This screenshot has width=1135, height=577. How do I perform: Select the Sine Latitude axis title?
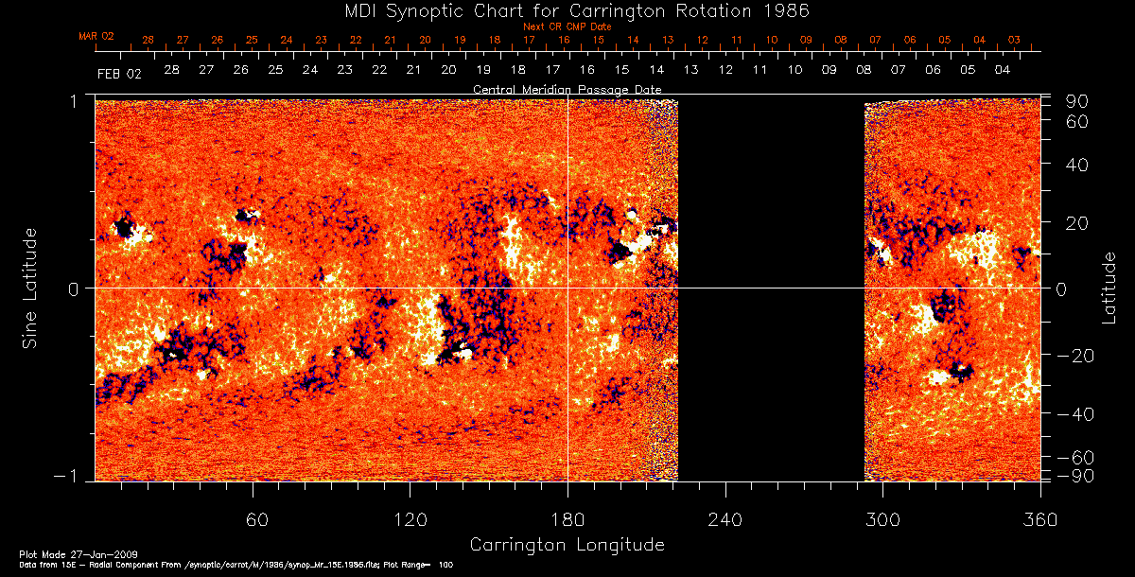[x=30, y=287]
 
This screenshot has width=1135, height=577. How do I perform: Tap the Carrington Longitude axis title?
[x=567, y=545]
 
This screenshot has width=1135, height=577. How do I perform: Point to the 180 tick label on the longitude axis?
[x=567, y=518]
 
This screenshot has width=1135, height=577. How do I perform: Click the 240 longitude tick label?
[x=725, y=518]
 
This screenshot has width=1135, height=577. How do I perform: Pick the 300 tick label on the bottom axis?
[x=882, y=518]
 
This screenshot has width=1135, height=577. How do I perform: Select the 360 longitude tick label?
[x=1039, y=518]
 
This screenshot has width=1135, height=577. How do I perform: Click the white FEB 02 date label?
[x=119, y=73]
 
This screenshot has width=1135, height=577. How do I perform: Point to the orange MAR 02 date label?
[x=96, y=36]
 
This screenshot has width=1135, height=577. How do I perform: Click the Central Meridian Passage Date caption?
[x=567, y=89]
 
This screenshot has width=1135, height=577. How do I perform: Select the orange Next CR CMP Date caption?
[x=567, y=26]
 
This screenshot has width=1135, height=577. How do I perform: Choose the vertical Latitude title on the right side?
[x=1109, y=287]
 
